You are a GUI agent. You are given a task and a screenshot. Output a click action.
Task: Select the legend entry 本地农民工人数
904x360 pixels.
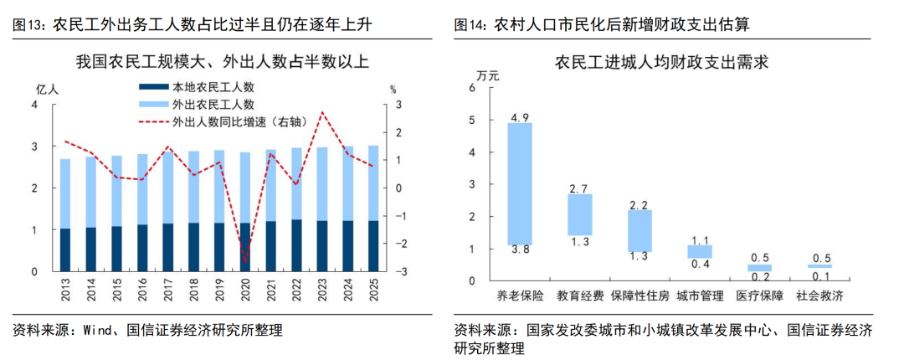(x=213, y=87)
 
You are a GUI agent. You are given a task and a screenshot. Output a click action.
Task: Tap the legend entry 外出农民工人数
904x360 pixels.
(x=213, y=105)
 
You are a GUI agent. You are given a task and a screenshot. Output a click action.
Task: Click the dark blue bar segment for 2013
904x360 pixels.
(x=65, y=249)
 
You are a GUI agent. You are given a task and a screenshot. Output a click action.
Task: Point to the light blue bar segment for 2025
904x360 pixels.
(x=373, y=183)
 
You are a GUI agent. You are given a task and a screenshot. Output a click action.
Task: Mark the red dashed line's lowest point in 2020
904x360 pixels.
(x=245, y=263)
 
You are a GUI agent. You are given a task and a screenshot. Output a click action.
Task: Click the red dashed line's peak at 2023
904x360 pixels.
(x=322, y=112)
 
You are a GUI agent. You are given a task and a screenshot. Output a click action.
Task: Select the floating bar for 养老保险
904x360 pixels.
(x=520, y=183)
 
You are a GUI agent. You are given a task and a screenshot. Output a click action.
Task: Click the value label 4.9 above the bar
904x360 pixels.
(x=520, y=117)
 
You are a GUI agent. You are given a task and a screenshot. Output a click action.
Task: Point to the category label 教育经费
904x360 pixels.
(x=580, y=296)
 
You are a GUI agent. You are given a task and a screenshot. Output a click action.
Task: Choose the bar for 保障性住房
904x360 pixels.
(x=640, y=230)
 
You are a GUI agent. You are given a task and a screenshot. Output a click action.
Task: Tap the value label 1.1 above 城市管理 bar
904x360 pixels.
(x=700, y=240)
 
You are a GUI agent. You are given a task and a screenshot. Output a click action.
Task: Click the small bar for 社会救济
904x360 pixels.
(x=820, y=266)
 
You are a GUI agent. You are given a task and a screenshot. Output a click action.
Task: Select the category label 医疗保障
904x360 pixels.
(x=760, y=296)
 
